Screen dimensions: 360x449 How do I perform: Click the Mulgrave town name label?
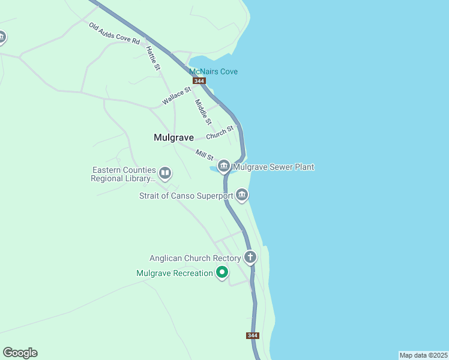(173, 137)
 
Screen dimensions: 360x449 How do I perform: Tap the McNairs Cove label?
(213, 71)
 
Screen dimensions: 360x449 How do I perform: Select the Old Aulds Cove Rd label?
(114, 34)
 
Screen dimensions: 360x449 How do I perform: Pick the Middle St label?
(203, 112)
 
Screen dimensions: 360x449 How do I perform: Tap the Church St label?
(220, 132)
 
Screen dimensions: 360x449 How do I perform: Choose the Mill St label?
(205, 155)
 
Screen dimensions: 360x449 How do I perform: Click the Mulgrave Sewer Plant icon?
(224, 166)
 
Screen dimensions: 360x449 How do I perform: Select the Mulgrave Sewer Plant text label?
(274, 167)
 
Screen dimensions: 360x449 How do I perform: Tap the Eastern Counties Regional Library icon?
(165, 174)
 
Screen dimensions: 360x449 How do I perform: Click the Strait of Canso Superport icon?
(242, 194)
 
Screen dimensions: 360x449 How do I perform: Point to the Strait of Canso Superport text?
(185, 196)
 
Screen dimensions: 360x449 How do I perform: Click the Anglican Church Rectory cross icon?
(250, 257)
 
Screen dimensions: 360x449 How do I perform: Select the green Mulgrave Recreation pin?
(222, 273)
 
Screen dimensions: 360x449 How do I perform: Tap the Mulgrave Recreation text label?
(175, 274)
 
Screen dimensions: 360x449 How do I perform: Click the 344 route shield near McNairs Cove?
(200, 81)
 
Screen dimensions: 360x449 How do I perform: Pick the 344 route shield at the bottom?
(253, 335)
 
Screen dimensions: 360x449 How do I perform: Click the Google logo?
(20, 353)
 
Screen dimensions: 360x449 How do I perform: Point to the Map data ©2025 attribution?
(423, 355)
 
